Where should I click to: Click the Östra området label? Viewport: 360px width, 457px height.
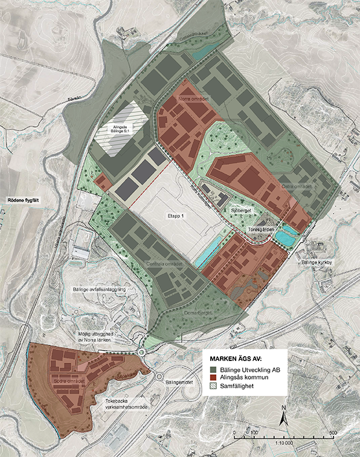pos(296,187)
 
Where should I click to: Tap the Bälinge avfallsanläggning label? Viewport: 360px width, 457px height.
pos(100,289)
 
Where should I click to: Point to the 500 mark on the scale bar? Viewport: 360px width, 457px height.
pos(333,433)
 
